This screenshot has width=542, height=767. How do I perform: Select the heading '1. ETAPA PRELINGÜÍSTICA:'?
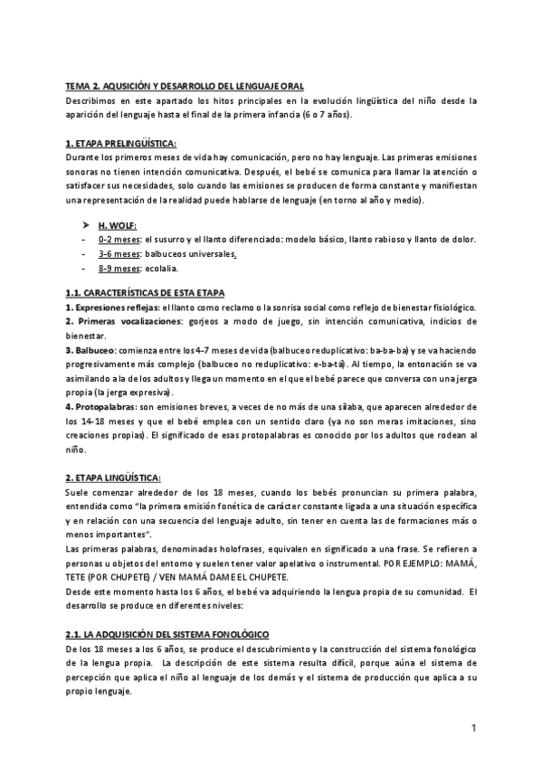tap(121, 144)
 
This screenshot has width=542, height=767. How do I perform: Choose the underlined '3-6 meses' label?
tap(119, 254)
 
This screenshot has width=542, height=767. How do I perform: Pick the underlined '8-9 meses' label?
tap(119, 269)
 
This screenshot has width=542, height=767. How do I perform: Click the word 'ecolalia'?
tap(161, 269)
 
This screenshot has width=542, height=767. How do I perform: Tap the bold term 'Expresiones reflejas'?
tap(108, 308)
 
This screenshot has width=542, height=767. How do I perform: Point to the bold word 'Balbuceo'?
tap(94, 350)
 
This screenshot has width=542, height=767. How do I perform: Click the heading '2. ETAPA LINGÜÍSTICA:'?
tap(113, 478)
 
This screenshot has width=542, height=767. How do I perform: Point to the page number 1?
tap(473, 728)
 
